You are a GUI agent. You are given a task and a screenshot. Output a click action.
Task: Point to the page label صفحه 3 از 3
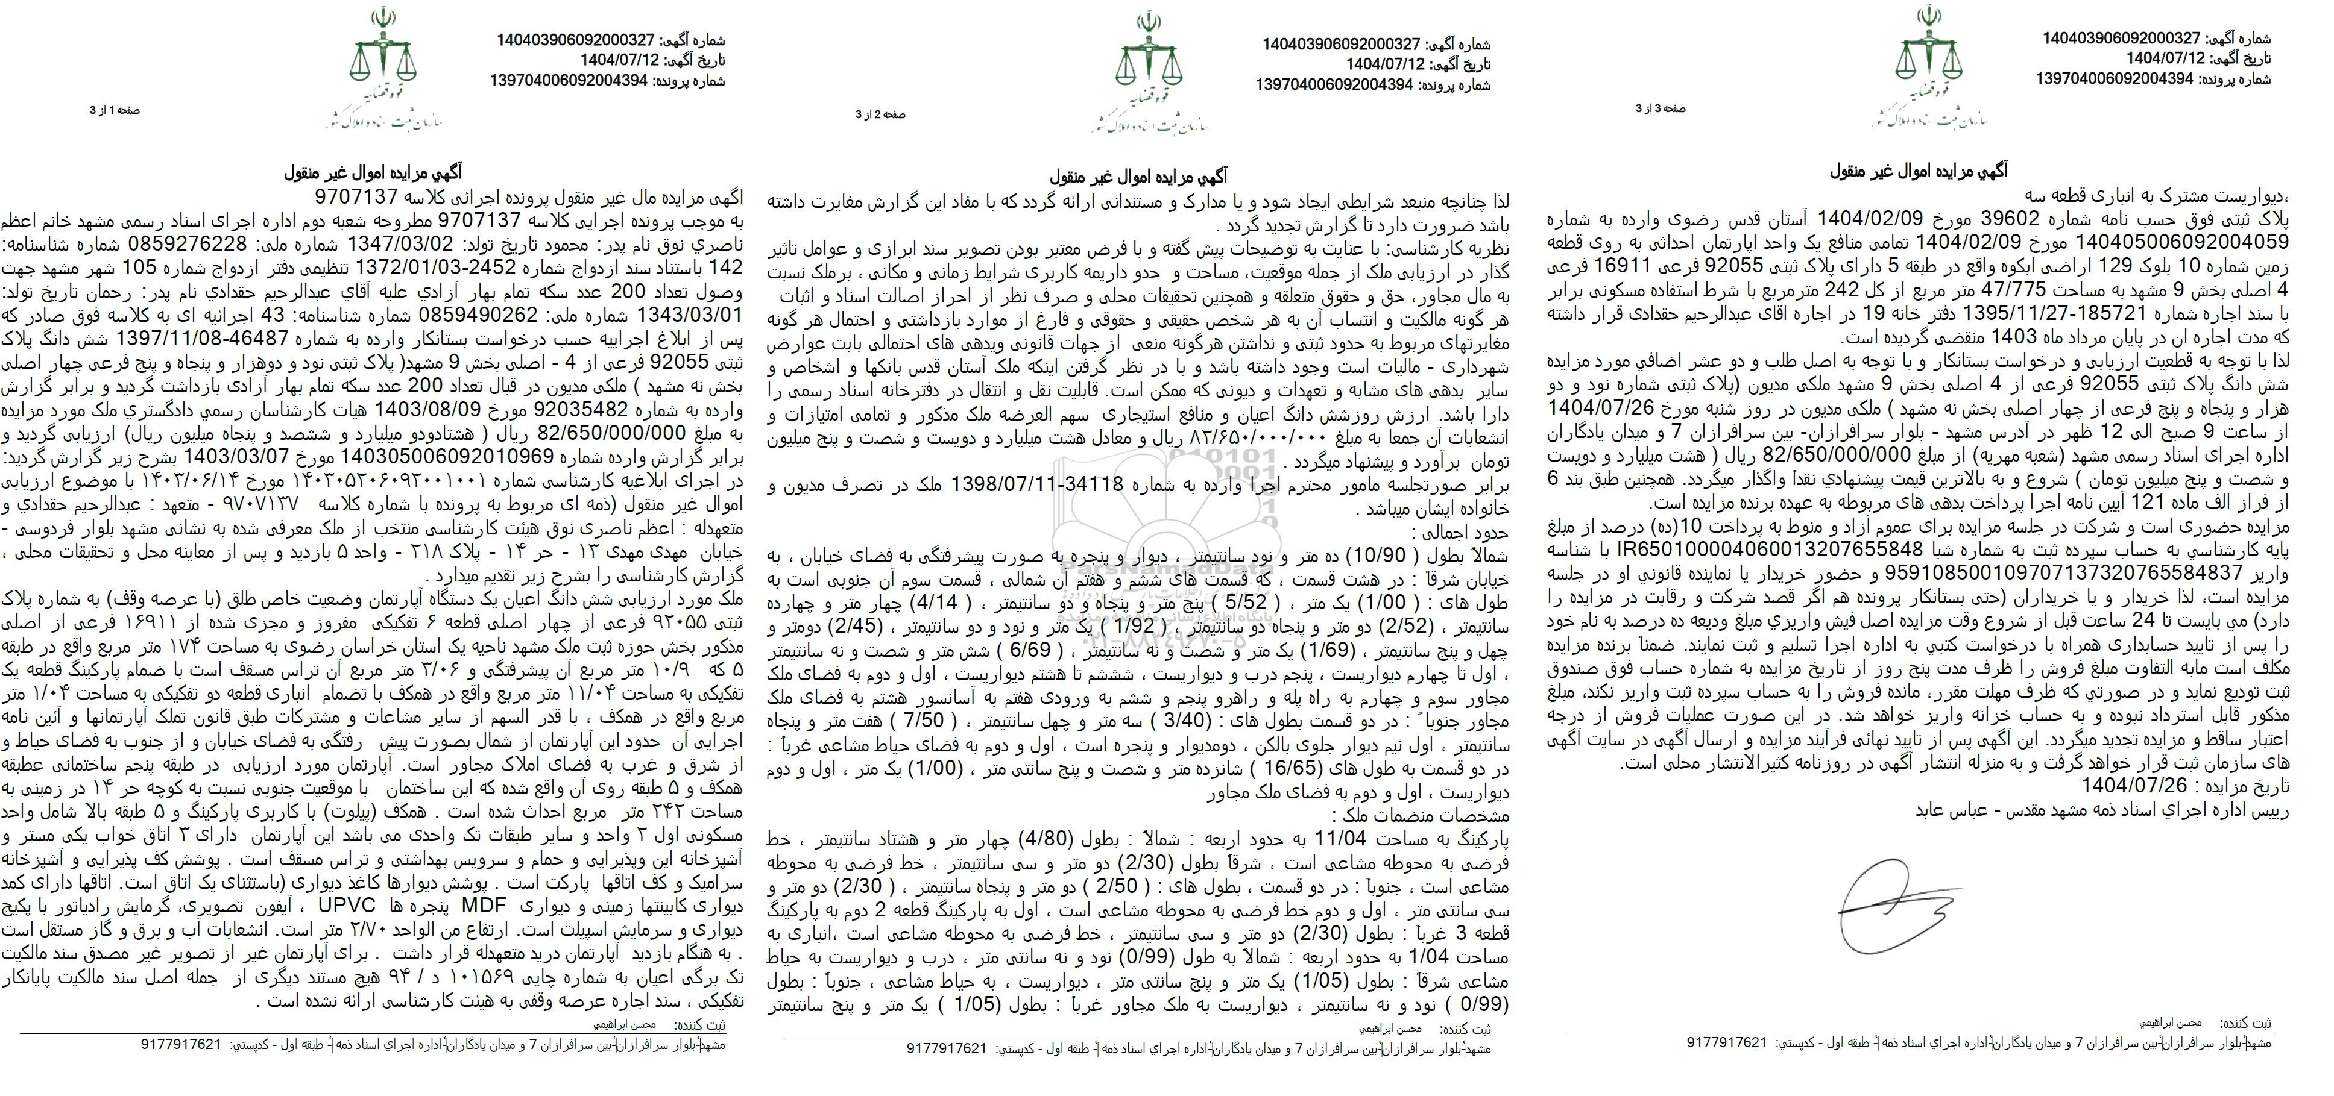[x=1660, y=108]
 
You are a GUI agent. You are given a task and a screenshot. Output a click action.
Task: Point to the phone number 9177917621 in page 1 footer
[x=182, y=1044]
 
